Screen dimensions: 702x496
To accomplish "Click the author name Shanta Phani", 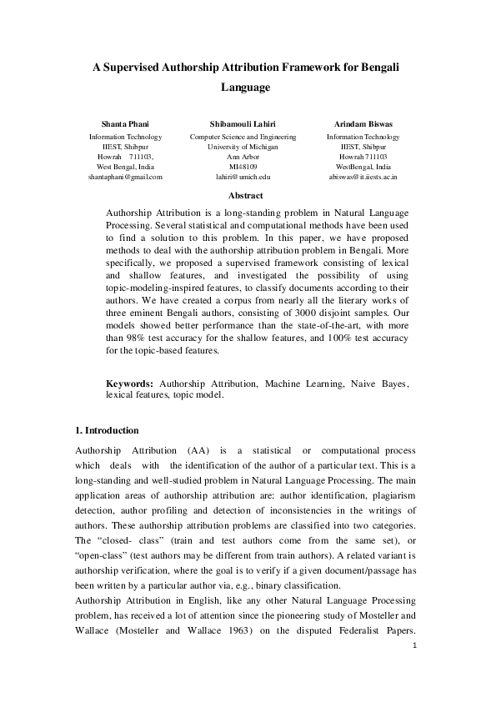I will pyautogui.click(x=125, y=123).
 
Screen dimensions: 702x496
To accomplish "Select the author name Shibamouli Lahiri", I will pyautogui.click(x=248, y=123).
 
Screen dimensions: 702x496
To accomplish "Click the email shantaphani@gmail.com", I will pyautogui.click(x=125, y=177).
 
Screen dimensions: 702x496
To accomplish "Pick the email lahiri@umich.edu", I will pyautogui.click(x=248, y=177).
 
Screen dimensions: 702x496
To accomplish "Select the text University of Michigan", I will pyautogui.click(x=248, y=146).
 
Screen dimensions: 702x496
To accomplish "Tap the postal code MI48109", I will pyautogui.click(x=248, y=166).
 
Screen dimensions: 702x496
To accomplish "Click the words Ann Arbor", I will pyautogui.click(x=248, y=156).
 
